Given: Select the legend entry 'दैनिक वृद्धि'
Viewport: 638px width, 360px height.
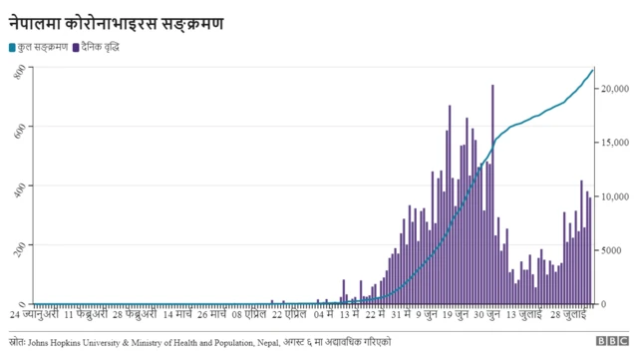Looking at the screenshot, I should click(x=101, y=47).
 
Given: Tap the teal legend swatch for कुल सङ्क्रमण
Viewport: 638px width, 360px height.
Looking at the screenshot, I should click(x=12, y=47).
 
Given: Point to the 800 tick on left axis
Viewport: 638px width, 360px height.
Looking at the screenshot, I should click(x=20, y=71).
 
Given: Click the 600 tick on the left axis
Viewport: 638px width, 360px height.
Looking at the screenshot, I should click(x=20, y=128).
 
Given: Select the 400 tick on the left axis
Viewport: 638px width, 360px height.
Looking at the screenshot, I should click(x=20, y=186).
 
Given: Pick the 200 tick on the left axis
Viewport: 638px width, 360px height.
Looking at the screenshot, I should click(x=20, y=245).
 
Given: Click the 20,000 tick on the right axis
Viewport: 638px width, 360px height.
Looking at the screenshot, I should click(x=615, y=90).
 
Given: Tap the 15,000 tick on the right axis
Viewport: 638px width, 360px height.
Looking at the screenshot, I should click(x=615, y=144).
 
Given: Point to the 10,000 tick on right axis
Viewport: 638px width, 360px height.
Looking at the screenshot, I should click(x=615, y=196).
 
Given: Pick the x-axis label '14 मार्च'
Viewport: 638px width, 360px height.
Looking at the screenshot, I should click(x=183, y=314).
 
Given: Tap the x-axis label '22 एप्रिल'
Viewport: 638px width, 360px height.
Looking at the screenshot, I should click(x=289, y=314).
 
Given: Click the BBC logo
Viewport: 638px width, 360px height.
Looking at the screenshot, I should click(x=610, y=342).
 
